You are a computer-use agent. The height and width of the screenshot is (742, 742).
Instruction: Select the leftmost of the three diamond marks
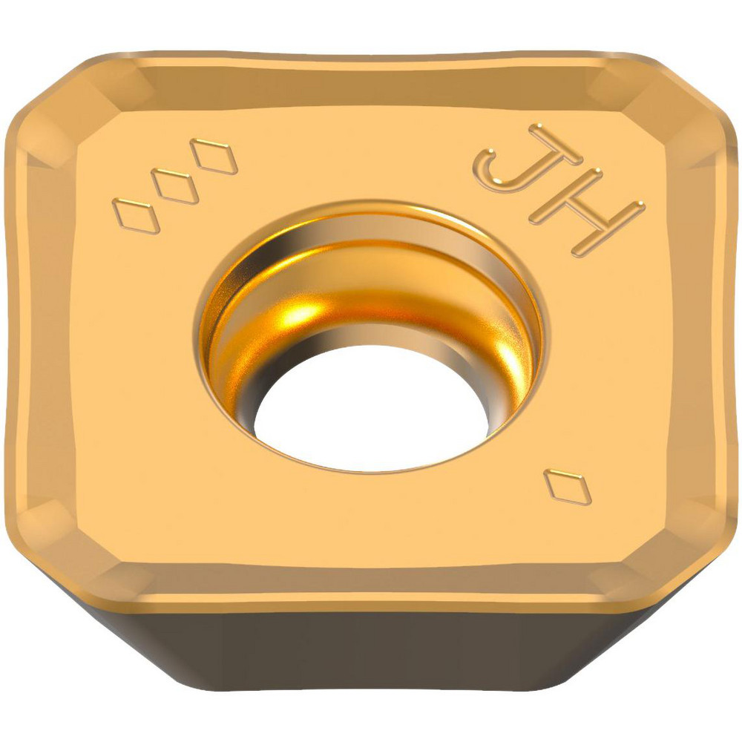(136, 216)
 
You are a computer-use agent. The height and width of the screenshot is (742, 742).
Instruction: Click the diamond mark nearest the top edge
(214, 156)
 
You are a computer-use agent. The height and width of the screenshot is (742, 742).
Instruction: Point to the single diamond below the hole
(568, 487)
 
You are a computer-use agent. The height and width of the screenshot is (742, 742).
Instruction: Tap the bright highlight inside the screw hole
(304, 312)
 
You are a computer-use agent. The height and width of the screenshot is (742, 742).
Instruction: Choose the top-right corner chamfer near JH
(679, 111)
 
